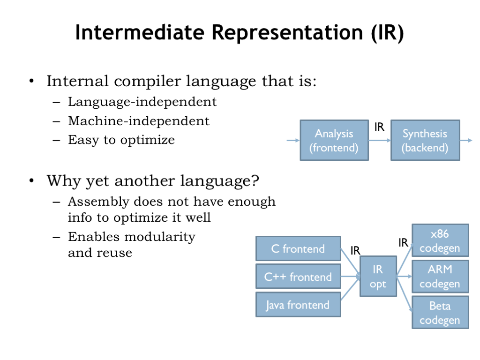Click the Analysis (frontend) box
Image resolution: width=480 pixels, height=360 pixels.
(334, 140)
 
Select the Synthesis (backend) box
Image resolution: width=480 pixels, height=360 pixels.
(425, 140)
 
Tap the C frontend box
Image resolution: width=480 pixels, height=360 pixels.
(298, 248)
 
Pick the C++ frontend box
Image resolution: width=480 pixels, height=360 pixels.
(298, 277)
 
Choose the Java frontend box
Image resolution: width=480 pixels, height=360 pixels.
(298, 305)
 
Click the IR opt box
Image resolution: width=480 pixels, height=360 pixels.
(378, 277)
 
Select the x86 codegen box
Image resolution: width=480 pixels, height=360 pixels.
(440, 240)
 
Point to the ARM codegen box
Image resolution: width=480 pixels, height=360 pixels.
(440, 277)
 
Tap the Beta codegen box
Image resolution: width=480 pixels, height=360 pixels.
(440, 313)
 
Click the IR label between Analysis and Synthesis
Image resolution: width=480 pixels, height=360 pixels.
(379, 127)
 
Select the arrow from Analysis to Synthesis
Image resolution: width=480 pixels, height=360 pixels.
(379, 140)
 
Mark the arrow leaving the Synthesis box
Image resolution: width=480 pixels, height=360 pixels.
(466, 140)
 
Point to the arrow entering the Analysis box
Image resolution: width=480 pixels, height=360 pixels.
(293, 140)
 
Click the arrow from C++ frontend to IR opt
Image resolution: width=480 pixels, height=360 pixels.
(350, 277)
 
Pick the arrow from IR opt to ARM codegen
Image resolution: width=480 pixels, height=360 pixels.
(404, 277)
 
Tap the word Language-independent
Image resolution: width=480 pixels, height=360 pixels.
(142, 102)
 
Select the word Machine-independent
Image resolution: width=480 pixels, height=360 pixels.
(138, 121)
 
